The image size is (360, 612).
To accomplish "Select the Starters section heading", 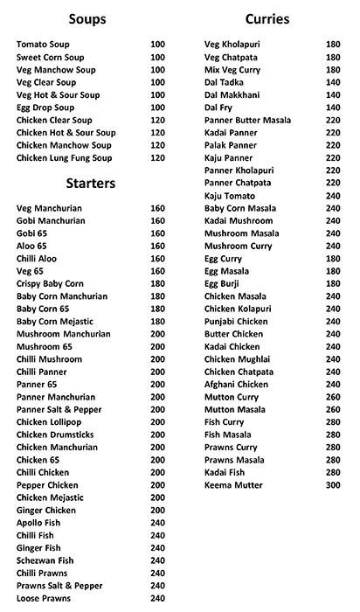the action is (91, 184).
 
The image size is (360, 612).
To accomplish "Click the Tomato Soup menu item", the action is (44, 44).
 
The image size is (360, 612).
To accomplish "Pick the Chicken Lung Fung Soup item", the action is (66, 157).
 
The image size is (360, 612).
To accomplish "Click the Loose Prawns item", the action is (45, 598).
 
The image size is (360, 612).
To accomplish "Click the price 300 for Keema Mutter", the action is (332, 485).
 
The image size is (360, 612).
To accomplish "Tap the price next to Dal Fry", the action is (332, 107).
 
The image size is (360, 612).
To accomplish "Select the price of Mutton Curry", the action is (332, 397).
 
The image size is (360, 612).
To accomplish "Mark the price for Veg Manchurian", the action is (157, 208).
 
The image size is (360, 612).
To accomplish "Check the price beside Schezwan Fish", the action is (157, 560).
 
